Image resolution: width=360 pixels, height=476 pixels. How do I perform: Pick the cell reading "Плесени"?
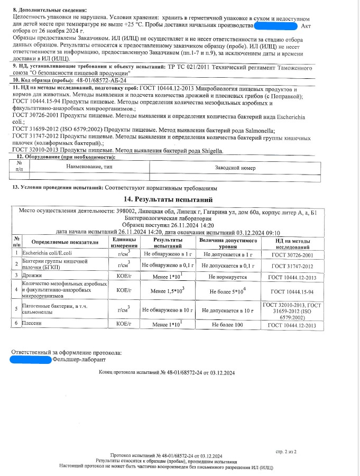(33, 325)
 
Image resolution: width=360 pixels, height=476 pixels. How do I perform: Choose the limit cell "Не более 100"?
(227, 325)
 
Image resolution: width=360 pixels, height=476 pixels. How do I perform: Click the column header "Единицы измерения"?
(124, 243)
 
